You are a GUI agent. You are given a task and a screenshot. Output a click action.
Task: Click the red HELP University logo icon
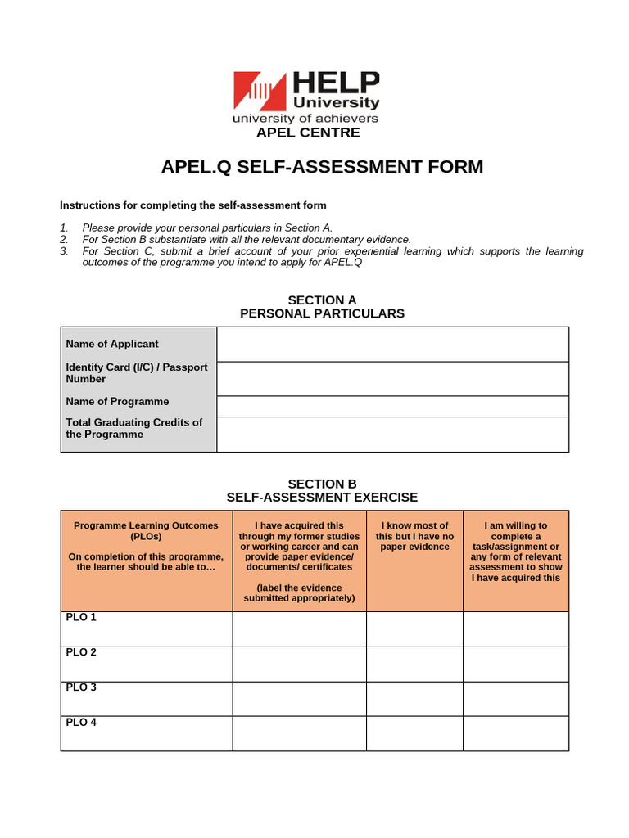pos(260,91)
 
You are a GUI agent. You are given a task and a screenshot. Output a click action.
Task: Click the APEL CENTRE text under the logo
pos(308,133)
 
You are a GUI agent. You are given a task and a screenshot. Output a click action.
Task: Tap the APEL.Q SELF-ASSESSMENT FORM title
pos(322,167)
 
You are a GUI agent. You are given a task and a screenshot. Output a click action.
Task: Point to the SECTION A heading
pos(322,300)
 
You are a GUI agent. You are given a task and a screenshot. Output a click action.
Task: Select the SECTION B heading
pos(322,484)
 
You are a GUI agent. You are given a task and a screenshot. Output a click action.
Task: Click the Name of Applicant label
pos(112,344)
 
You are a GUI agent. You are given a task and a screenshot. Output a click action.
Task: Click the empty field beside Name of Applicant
pos(392,344)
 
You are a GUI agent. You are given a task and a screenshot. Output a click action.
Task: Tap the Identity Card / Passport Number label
pos(137,373)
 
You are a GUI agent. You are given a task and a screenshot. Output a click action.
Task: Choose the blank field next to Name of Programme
pos(392,406)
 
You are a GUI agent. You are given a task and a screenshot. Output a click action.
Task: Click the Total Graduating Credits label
pos(134,428)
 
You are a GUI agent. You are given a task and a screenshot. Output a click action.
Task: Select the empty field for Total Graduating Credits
pos(392,434)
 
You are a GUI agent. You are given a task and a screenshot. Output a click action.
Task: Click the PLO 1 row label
pos(81,617)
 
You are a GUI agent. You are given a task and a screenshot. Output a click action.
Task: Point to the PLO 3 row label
pos(81,687)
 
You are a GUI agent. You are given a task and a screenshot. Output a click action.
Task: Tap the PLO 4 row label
pos(81,722)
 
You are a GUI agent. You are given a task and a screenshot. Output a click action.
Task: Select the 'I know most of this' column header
pos(414,536)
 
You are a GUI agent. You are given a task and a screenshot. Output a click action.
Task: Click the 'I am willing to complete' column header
pos(515,552)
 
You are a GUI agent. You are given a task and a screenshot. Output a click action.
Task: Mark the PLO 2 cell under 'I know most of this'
pos(414,664)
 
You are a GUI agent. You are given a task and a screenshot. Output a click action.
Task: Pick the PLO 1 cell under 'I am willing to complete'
pos(515,628)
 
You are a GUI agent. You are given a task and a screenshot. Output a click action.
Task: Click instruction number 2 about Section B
pos(247,239)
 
